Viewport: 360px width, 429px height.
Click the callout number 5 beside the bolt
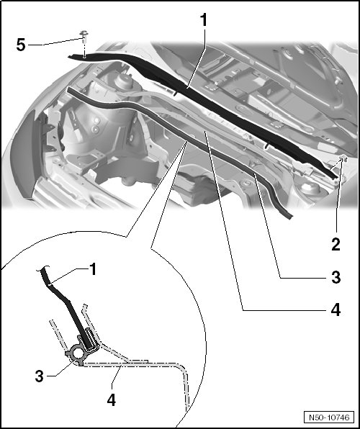21,45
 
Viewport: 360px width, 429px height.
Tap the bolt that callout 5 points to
84,36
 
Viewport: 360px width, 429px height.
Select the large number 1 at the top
204,20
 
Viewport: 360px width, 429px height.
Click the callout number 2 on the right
336,244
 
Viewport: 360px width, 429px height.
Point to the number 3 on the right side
336,277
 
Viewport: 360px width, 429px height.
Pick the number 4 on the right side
336,310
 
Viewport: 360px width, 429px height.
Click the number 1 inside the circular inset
94,269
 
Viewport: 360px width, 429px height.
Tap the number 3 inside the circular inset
39,376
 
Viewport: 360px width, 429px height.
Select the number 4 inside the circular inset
111,400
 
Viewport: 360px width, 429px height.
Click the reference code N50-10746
329,417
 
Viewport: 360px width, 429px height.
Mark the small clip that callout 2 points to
343,158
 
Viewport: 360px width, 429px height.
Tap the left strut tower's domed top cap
124,80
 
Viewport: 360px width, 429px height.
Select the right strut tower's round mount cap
310,189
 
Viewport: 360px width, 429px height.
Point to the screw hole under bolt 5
84,57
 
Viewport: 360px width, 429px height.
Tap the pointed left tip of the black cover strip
69,56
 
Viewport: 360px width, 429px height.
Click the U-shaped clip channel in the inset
89,340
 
